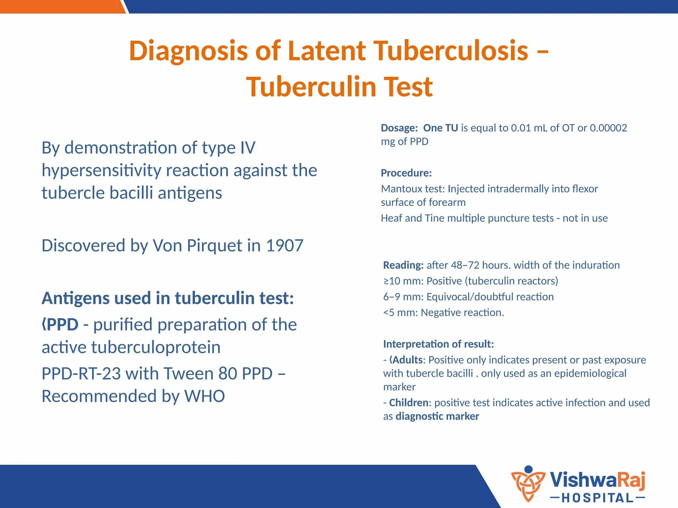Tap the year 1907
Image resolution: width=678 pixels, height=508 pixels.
click(x=284, y=246)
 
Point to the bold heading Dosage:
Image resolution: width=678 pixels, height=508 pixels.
click(x=399, y=128)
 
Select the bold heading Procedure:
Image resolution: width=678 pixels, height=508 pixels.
click(x=406, y=173)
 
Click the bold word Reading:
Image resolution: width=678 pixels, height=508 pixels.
click(x=403, y=265)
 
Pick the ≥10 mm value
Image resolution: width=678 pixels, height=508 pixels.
click(x=403, y=281)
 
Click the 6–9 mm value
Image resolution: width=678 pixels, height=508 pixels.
click(x=403, y=297)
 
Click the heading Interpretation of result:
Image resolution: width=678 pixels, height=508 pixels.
click(x=438, y=344)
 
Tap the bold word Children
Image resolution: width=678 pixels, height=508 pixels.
click(x=409, y=403)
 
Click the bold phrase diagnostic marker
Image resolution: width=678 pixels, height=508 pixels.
click(x=437, y=416)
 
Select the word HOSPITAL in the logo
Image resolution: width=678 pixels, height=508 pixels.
click(x=598, y=498)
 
